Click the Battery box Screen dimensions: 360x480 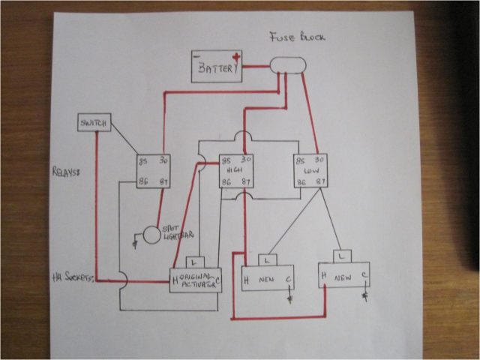(x=217, y=67)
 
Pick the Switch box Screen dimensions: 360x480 (x=94, y=122)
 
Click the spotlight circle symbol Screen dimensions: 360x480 (x=152, y=234)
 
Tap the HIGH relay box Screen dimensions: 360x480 (x=235, y=171)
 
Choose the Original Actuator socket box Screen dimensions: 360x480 (x=196, y=280)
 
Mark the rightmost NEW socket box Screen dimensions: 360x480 (x=344, y=274)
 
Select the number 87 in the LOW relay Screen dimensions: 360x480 (x=322, y=181)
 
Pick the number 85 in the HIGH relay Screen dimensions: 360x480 (x=225, y=160)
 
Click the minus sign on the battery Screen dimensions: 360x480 (x=197, y=56)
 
